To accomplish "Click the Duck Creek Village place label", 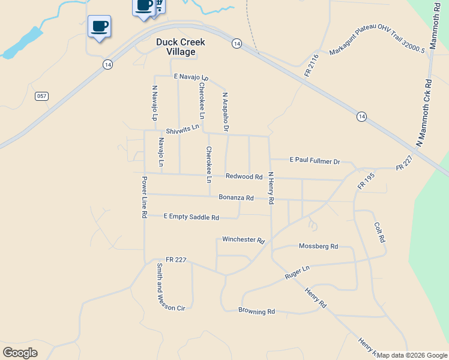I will [181, 47].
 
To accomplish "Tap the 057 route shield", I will [41, 96].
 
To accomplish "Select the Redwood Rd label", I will [244, 176].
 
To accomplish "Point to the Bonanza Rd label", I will [236, 197].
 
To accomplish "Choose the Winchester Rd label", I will [243, 239].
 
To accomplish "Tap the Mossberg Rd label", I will [318, 246].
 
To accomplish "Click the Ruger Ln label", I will [297, 273].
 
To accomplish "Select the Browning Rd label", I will [256, 311].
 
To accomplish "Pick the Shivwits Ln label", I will [182, 130].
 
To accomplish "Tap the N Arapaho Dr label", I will [226, 112].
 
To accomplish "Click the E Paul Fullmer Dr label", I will [315, 161].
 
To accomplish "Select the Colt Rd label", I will [379, 232].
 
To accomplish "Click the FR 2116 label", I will [310, 65].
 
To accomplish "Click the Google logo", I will [20, 353].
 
